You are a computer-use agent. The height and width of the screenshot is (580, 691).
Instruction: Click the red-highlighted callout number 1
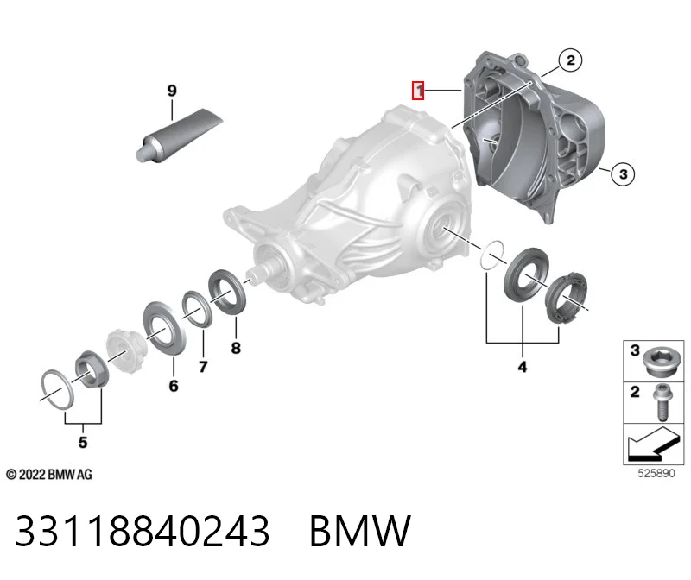[418, 91]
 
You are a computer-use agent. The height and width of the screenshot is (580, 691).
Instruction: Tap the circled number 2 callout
[570, 60]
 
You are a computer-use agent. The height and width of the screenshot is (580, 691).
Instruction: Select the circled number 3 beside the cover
[623, 173]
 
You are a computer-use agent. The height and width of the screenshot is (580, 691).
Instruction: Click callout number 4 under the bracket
[523, 367]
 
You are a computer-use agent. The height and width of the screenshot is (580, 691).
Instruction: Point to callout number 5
[83, 442]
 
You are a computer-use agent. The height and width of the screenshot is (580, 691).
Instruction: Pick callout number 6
[174, 386]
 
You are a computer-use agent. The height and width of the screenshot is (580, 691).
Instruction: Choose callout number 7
[203, 367]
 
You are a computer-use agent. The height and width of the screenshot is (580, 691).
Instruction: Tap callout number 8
[236, 348]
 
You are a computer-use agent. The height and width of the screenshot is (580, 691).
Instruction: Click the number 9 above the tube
[172, 91]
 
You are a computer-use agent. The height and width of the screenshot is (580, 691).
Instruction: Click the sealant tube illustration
[179, 136]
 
